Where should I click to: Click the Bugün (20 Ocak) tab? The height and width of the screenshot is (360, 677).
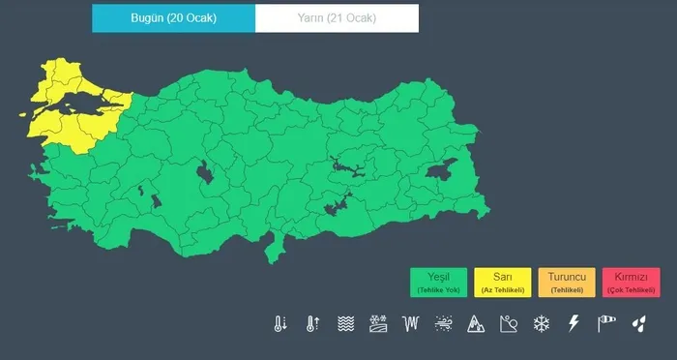click(174, 18)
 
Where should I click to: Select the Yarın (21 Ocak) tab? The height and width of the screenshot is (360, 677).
click(337, 18)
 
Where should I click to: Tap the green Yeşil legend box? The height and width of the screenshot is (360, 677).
click(438, 282)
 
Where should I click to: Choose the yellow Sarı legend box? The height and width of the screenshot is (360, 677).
click(501, 282)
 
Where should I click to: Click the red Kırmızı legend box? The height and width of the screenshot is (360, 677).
click(630, 282)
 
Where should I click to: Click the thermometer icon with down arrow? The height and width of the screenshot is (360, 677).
click(280, 323)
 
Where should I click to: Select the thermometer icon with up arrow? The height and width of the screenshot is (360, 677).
click(312, 323)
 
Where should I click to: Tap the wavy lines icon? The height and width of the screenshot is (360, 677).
click(345, 323)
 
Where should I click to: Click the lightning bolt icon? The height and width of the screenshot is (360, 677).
click(574, 323)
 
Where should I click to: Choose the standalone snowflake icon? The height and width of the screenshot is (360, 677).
click(542, 323)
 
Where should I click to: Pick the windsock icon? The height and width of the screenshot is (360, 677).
click(606, 323)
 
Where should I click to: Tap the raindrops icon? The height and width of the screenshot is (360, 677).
click(638, 323)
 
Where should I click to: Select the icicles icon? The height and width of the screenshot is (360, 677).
click(410, 323)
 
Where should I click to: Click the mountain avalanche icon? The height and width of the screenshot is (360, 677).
click(476, 323)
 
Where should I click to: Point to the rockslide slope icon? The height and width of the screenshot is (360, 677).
click(509, 323)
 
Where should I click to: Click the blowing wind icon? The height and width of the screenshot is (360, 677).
click(443, 323)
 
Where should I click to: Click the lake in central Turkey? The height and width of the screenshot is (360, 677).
click(206, 174)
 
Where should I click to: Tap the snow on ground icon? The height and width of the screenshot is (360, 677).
click(377, 323)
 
